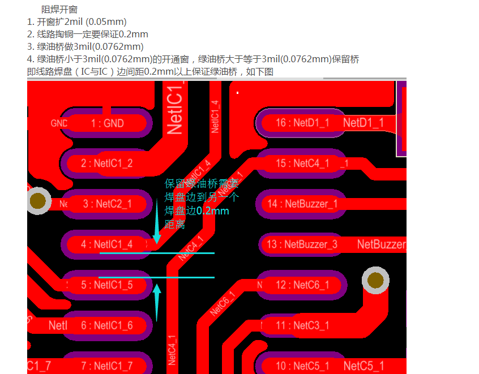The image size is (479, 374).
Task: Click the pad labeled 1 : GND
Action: [x=106, y=123]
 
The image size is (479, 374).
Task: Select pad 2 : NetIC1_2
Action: [x=106, y=164]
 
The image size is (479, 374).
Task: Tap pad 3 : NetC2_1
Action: [x=106, y=204]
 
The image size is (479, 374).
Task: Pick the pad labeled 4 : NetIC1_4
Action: [x=106, y=244]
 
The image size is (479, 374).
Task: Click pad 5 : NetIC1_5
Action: [x=106, y=285]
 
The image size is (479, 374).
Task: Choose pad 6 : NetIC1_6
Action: [x=106, y=325]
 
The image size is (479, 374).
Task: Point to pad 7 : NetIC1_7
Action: [x=106, y=366]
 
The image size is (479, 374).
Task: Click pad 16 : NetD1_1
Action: [x=302, y=123]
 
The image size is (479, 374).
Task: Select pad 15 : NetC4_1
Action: [x=302, y=164]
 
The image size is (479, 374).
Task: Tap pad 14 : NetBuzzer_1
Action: [x=302, y=204]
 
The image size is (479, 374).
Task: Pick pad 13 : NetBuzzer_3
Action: [x=302, y=244]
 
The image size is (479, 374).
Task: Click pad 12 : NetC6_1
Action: [x=302, y=285]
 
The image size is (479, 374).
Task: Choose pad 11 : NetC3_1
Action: [x=302, y=325]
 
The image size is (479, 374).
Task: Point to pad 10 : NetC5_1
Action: [x=302, y=366]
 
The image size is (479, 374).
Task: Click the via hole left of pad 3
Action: [x=39, y=200]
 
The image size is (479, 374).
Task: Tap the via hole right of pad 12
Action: [x=375, y=280]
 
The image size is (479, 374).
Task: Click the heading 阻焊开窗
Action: [x=59, y=10]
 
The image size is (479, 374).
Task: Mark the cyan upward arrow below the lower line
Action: [x=157, y=300]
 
